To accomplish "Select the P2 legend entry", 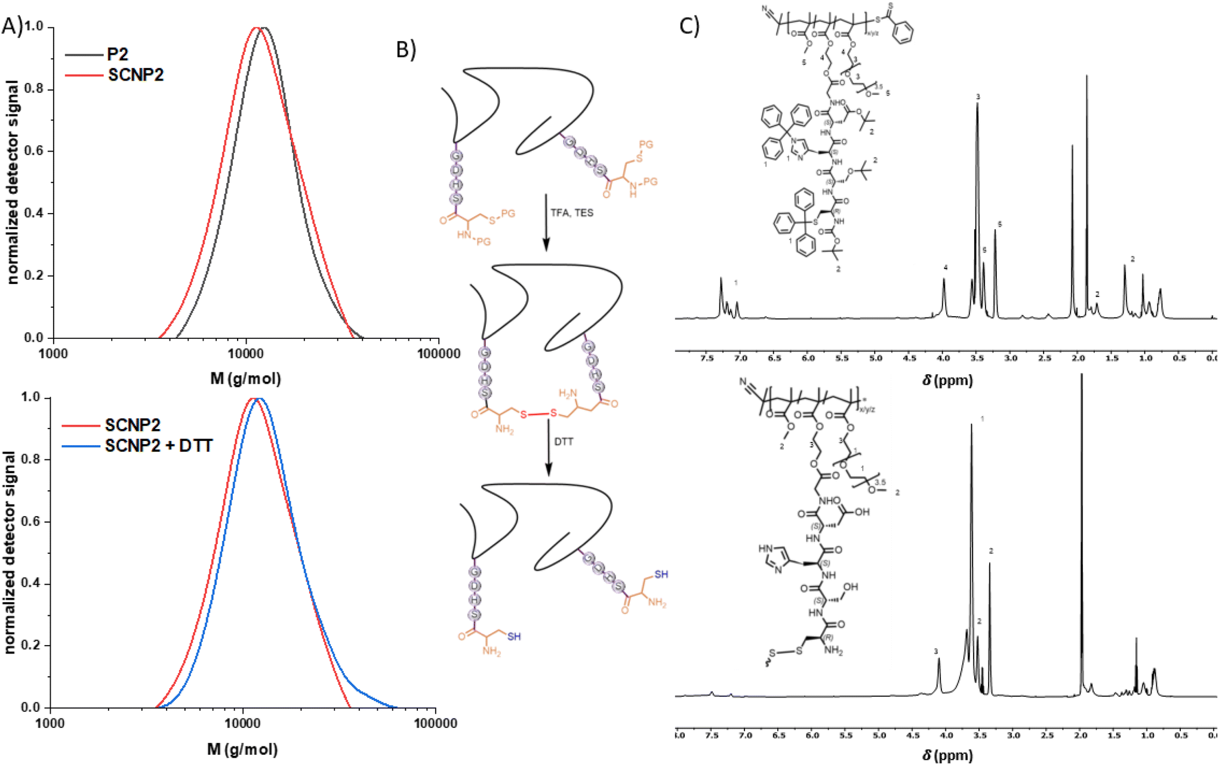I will tap(117, 54).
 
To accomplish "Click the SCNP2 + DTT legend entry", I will tap(158, 446).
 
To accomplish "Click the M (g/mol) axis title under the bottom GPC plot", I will tap(242, 749).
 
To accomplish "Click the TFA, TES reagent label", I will tap(571, 213).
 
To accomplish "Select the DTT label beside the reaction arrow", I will tap(564, 442).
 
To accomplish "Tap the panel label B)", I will tap(406, 50).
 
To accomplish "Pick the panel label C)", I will tap(689, 26).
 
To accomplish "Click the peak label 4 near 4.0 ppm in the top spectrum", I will tap(946, 267).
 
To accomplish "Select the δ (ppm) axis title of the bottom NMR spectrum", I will tap(947, 755).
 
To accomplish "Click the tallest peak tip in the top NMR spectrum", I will tap(1086, 76).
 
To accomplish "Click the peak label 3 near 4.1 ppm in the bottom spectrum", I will tap(936, 651).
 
